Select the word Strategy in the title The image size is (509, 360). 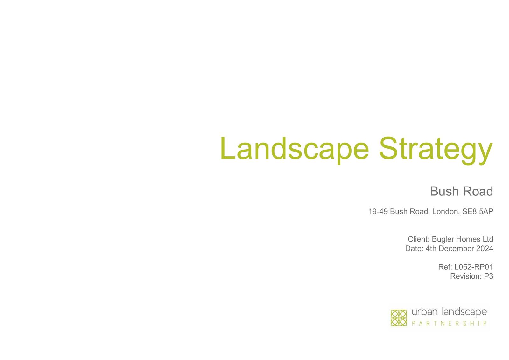pyautogui.click(x=436, y=150)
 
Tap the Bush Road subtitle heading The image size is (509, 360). pyautogui.click(x=462, y=191)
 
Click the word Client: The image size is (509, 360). pyautogui.click(x=419, y=239)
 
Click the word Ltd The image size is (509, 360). pyautogui.click(x=488, y=239)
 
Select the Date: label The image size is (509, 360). pyautogui.click(x=415, y=248)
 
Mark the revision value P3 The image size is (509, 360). pyautogui.click(x=489, y=276)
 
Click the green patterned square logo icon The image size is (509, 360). pyautogui.click(x=399, y=318)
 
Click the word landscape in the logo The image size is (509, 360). pyautogui.click(x=464, y=312)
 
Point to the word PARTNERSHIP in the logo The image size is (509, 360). pyautogui.click(x=449, y=323)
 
